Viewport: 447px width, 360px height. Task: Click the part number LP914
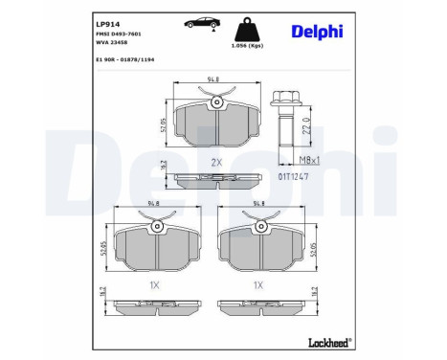[108, 19]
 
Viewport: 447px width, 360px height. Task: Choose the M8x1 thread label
[304, 163]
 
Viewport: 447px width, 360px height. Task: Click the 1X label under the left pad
[154, 284]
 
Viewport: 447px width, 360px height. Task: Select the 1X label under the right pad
[257, 284]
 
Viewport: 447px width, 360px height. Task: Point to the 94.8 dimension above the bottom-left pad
[154, 204]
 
